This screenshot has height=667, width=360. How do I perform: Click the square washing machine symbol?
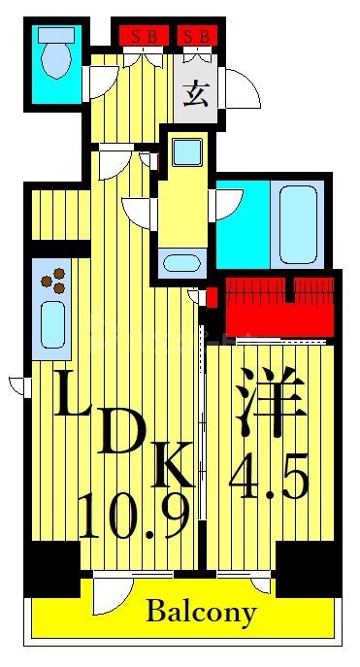(185, 151)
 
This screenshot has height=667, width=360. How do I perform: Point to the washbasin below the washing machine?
(181, 261)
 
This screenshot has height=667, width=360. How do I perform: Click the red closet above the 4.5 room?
(278, 304)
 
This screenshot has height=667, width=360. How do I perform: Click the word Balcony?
(202, 613)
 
